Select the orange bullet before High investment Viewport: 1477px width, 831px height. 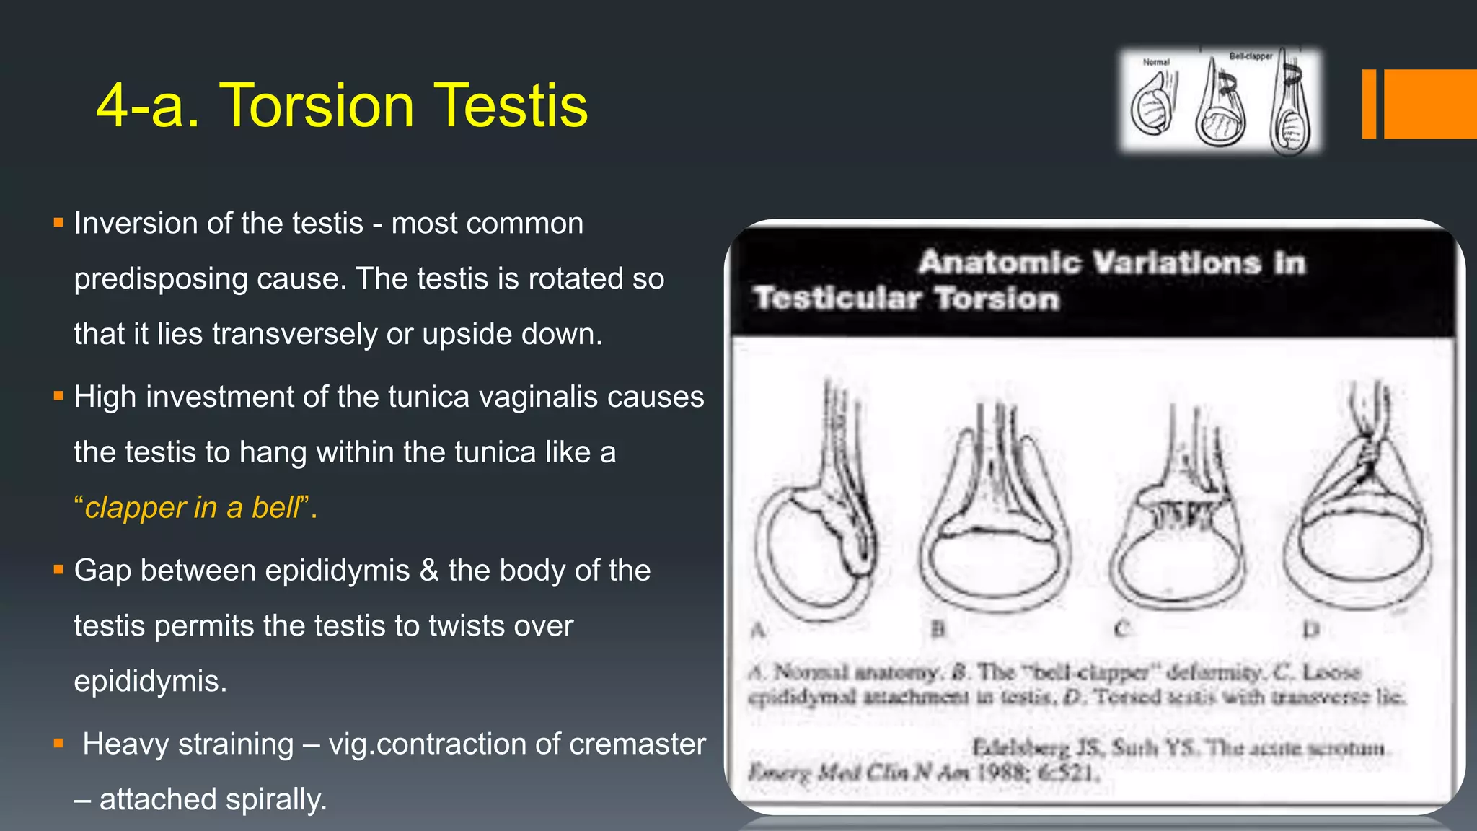[58, 396]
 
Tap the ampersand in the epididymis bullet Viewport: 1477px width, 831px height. [429, 571]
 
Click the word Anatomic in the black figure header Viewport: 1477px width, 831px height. [1000, 262]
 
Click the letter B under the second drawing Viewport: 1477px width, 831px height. [938, 630]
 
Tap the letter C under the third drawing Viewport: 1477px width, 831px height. [1120, 630]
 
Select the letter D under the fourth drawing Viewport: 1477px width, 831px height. [1310, 630]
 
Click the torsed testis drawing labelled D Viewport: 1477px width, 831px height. [1356, 519]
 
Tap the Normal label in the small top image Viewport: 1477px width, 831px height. [1156, 63]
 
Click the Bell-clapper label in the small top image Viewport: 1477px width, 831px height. [1251, 56]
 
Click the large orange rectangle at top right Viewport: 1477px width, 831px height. [1430, 104]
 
